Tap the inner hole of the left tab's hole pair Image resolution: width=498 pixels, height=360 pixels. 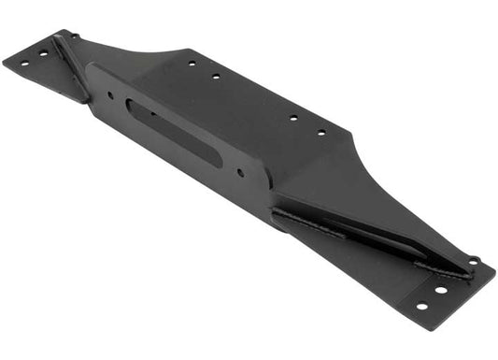click(42, 53)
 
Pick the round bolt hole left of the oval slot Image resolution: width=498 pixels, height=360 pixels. click(110, 95)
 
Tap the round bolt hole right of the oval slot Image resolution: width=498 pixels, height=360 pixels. click(241, 172)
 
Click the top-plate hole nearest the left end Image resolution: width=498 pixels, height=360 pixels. click(192, 64)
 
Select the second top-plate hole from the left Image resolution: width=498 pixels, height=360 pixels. click(216, 76)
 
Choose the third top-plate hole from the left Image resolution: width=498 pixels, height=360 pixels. click(292, 119)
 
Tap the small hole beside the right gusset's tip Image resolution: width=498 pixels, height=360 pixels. click(473, 261)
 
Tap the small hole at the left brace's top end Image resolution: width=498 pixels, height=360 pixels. click(75, 36)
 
